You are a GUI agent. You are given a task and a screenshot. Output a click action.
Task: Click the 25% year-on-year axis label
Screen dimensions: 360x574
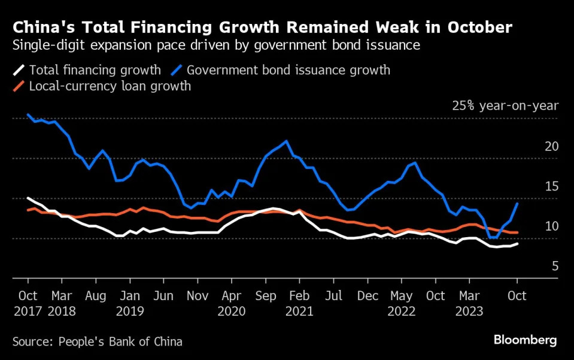(x=505, y=106)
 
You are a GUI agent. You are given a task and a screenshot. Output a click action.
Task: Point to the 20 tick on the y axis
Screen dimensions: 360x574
(x=551, y=146)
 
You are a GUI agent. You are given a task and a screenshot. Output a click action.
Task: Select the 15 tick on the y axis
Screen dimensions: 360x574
(x=551, y=186)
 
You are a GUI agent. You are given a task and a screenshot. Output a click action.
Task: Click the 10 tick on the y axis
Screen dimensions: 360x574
(x=551, y=226)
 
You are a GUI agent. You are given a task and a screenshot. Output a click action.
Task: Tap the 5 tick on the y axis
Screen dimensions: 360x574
(x=555, y=266)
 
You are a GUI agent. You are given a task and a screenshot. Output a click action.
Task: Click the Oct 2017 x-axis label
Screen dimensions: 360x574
(x=28, y=302)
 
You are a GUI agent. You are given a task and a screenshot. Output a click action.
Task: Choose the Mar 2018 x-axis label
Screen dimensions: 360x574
(x=62, y=302)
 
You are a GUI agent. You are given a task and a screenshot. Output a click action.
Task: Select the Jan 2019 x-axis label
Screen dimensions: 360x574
(x=130, y=302)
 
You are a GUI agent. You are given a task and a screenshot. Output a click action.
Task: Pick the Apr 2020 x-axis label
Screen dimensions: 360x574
(x=232, y=302)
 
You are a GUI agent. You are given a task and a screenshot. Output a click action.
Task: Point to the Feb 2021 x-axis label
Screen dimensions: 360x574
(x=299, y=302)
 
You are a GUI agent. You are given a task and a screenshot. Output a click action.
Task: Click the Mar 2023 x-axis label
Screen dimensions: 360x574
(x=469, y=302)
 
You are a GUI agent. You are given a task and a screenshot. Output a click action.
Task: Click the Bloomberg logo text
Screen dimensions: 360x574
(x=525, y=340)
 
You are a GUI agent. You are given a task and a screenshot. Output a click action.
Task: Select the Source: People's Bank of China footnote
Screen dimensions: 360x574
(x=97, y=342)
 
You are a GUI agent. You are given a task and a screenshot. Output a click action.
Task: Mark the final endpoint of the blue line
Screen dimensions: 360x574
(x=517, y=204)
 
